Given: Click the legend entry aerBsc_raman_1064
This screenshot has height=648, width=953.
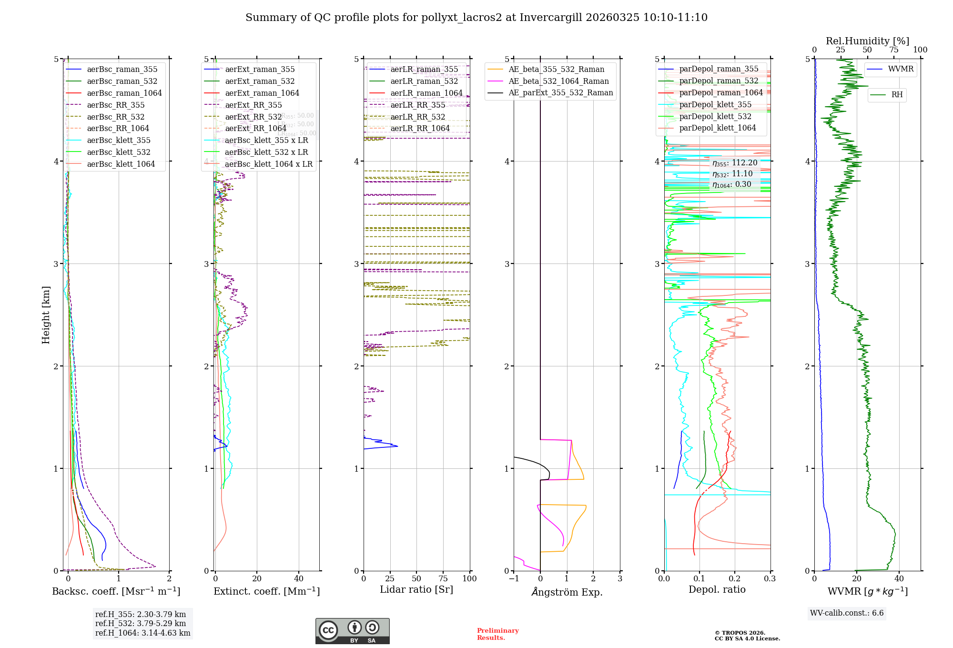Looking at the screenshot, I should pyautogui.click(x=124, y=93).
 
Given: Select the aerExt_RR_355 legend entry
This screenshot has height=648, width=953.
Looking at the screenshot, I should pyautogui.click(x=253, y=105).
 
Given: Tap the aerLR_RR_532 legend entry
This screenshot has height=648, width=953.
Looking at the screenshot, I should pyautogui.click(x=417, y=117).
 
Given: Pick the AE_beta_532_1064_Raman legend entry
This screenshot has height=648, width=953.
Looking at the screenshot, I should pyautogui.click(x=558, y=81).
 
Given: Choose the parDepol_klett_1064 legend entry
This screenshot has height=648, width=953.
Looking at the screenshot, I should pyautogui.click(x=717, y=128).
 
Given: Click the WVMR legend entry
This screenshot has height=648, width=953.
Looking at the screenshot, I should pyautogui.click(x=901, y=69).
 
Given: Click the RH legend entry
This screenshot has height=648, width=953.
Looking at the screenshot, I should pyautogui.click(x=897, y=95).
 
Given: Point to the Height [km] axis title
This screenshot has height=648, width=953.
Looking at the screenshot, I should pyautogui.click(x=46, y=315).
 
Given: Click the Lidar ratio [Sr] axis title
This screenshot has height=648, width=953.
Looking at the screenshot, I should pyautogui.click(x=416, y=589).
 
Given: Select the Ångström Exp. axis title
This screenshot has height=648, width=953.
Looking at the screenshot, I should pyautogui.click(x=567, y=592).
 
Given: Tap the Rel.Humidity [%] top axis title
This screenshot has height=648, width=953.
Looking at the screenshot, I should pyautogui.click(x=867, y=41).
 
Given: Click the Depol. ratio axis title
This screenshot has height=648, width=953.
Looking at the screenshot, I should pyautogui.click(x=717, y=589).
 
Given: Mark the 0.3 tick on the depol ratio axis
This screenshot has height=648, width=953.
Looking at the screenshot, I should pyautogui.click(x=770, y=578).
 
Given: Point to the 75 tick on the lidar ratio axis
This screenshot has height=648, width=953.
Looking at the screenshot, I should pyautogui.click(x=443, y=578).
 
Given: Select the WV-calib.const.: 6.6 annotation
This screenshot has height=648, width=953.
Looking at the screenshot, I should pyautogui.click(x=847, y=613).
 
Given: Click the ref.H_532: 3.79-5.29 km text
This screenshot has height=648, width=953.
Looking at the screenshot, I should pyautogui.click(x=141, y=623).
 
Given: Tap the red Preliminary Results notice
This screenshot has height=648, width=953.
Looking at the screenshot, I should pyautogui.click(x=497, y=634).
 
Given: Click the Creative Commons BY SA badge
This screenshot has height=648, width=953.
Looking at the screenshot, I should pyautogui.click(x=352, y=631).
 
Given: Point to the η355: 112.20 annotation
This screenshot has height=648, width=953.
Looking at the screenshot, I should pyautogui.click(x=734, y=163).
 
